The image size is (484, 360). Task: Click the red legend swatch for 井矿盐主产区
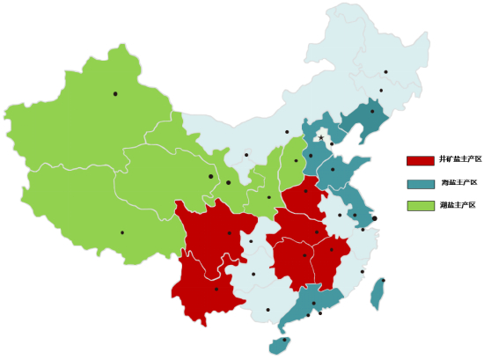tap(420, 160)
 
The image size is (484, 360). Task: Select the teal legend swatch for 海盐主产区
tap(420, 183)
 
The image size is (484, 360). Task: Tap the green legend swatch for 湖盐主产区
tap(420, 206)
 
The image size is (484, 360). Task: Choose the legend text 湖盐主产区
tap(458, 205)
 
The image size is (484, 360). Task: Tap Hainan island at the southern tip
tap(281, 342)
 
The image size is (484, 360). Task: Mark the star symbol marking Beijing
tap(322, 137)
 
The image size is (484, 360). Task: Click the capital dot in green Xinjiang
tap(115, 93)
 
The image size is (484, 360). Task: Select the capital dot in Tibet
tap(122, 232)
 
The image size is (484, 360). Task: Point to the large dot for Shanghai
tap(374, 218)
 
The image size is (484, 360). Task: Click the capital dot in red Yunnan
tap(216, 289)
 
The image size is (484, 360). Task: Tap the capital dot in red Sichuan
tap(230, 233)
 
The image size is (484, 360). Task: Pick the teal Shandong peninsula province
tap(339, 173)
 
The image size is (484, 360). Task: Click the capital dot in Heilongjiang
tap(385, 72)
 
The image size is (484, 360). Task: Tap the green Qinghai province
tap(158, 176)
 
